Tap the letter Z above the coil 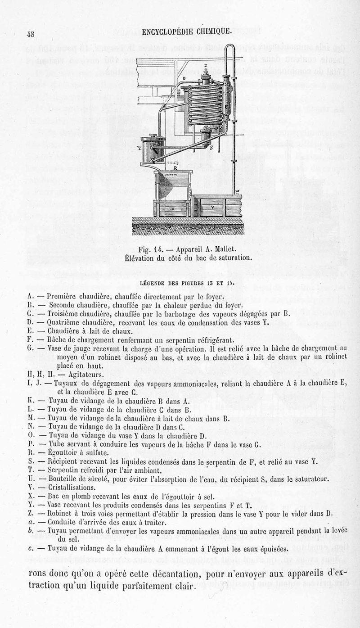205,66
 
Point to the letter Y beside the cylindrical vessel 139,149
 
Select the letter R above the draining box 175,168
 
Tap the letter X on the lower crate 173,209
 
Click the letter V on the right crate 212,208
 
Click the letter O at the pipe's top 184,79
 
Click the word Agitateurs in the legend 75,375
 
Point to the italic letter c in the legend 29,549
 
